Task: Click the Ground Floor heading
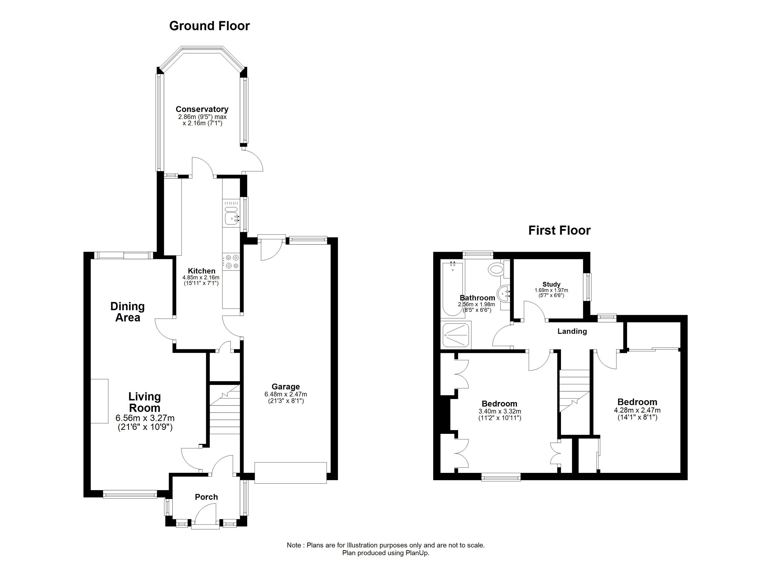209,26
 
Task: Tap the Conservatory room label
202,109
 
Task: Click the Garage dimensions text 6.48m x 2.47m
286,394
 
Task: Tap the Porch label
206,497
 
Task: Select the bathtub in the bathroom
453,289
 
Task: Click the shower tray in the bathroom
456,335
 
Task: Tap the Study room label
551,284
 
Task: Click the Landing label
572,331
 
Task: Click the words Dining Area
128,312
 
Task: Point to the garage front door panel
291,473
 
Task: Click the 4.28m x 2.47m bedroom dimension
637,411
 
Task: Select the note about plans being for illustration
386,545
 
